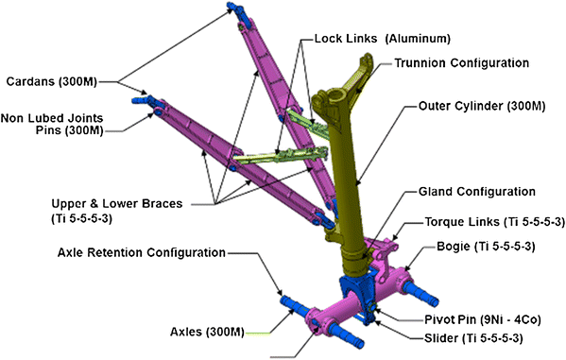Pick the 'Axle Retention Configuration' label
coord(141,252)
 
